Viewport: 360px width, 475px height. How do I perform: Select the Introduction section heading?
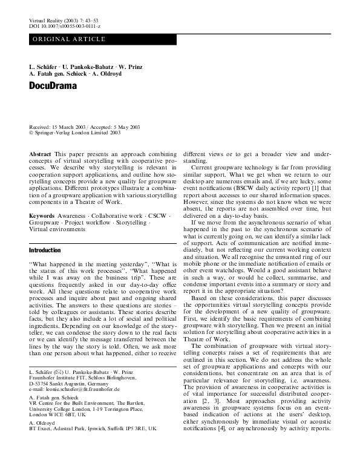45,250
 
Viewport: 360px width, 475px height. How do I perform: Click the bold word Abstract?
40,156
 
